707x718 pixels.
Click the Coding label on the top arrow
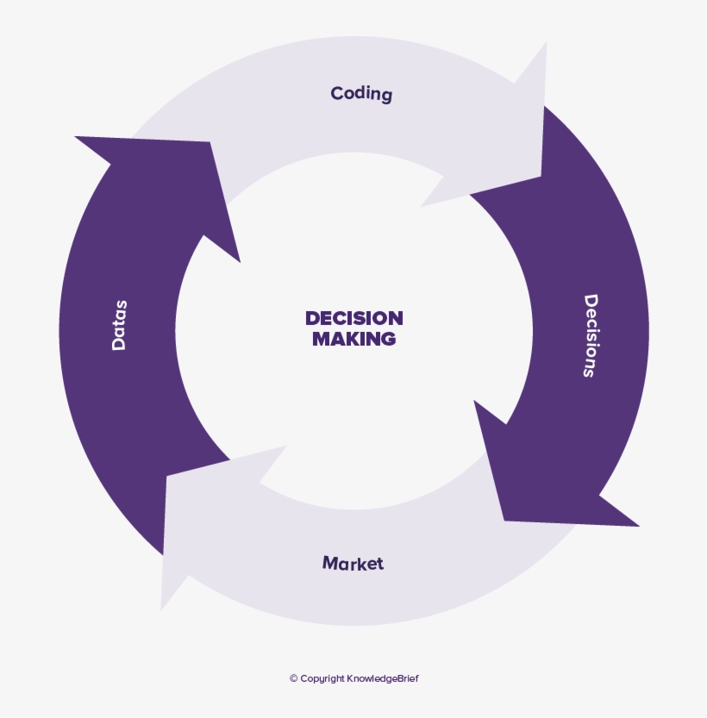361,94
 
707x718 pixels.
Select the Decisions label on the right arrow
591,336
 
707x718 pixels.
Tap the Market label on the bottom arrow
353,564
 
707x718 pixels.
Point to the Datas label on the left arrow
119,325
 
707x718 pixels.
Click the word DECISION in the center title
353,318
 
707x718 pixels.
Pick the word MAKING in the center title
353,340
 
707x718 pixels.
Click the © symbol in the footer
293,679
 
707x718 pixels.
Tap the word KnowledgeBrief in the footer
383,679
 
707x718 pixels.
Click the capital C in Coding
336,92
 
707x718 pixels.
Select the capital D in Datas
119,343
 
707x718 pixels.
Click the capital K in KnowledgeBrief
350,679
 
